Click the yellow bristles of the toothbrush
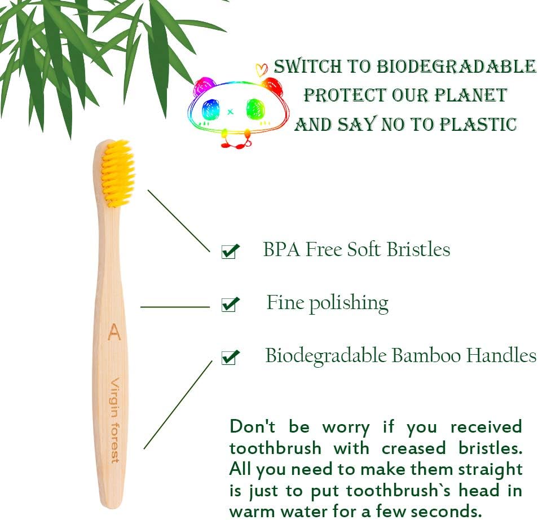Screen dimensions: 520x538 coord(119,171)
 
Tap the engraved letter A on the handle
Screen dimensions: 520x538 coord(114,332)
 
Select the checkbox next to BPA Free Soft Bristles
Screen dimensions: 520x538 coord(230,251)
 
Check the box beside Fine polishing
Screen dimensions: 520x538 coord(230,305)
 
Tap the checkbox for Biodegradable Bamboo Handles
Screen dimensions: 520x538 coord(230,358)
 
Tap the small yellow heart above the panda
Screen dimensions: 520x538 coord(261,70)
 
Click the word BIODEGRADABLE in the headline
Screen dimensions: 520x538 coord(456,67)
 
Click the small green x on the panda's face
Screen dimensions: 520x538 coord(230,111)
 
